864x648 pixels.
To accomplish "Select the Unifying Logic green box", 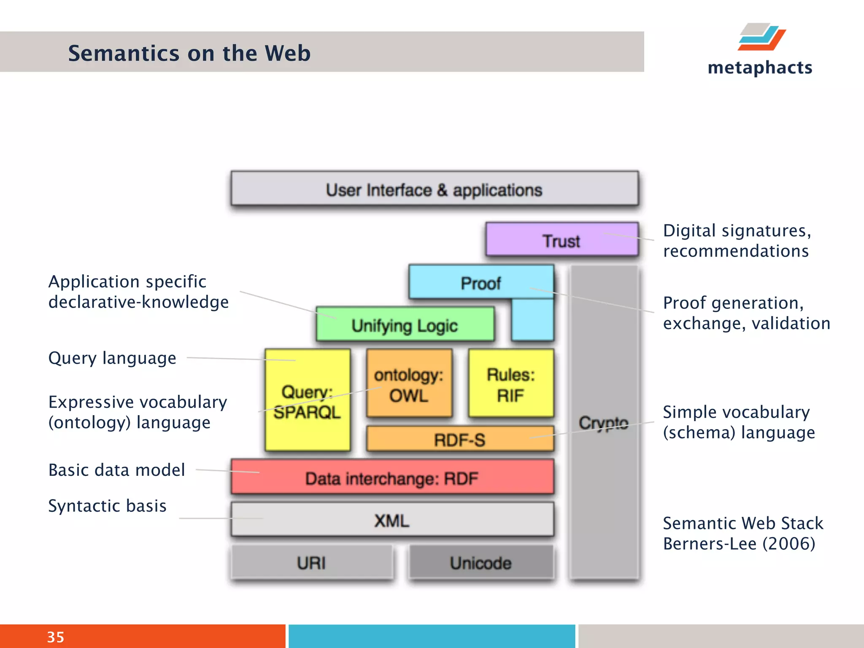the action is click(x=405, y=324).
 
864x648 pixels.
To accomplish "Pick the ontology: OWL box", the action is click(x=409, y=383).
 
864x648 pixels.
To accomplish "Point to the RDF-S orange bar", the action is click(x=459, y=439).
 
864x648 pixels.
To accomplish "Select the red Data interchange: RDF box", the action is click(x=392, y=477).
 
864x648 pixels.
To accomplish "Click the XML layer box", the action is click(x=392, y=519).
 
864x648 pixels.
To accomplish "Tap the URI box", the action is click(x=311, y=562).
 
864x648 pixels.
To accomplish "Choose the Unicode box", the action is click(x=481, y=562).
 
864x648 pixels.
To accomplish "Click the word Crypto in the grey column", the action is click(x=603, y=422).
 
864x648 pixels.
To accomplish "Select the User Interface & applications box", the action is click(x=434, y=189).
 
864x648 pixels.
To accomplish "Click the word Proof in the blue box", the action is click(x=481, y=283).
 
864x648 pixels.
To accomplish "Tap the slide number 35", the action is click(x=55, y=637).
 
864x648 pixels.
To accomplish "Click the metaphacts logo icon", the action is click(x=761, y=37).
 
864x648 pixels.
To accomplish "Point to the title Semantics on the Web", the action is click(x=189, y=53).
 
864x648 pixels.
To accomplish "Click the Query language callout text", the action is click(x=112, y=358).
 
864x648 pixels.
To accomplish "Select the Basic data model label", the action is click(x=116, y=470).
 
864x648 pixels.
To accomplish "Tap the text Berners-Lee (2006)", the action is click(x=739, y=543).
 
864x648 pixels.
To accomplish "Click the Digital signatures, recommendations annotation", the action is click(x=736, y=240).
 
